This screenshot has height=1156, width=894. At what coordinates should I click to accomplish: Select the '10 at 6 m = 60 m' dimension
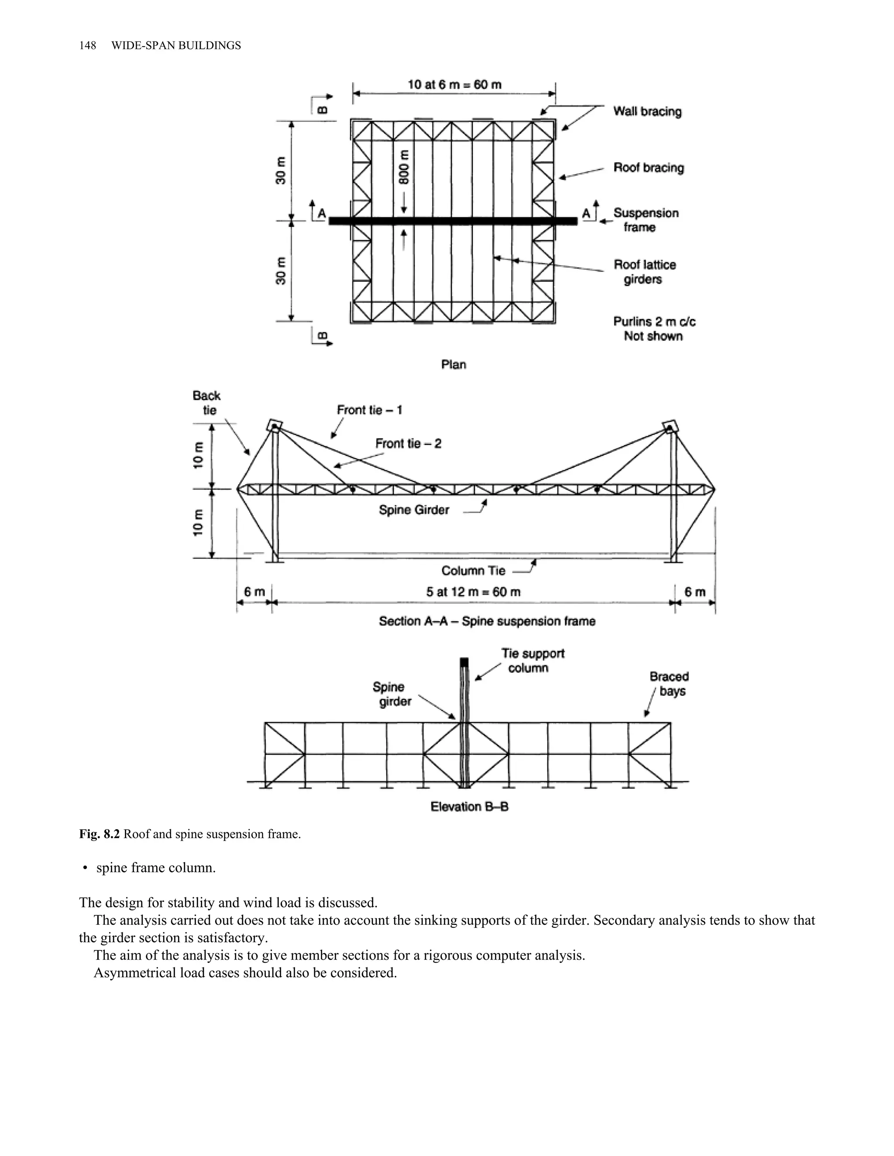point(454,85)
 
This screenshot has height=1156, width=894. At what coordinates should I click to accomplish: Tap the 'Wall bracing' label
point(647,111)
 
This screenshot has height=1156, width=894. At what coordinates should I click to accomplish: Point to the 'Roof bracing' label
point(648,168)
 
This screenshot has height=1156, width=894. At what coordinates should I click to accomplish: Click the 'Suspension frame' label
point(645,220)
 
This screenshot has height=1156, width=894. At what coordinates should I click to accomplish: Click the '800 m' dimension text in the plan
point(405,167)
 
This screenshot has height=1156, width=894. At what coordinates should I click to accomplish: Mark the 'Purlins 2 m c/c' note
point(654,322)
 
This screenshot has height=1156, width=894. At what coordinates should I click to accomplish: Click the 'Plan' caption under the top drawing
point(454,364)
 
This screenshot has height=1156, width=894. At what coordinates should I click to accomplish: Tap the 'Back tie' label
point(206,403)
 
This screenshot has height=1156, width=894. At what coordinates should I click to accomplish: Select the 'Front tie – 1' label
point(369,410)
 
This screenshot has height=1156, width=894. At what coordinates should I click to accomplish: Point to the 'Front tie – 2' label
point(408,444)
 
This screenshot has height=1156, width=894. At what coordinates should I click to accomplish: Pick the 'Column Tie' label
point(473,571)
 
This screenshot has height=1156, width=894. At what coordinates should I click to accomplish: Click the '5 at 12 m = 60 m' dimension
point(473,592)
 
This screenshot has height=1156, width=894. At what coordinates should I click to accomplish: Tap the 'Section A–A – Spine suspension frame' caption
point(487,621)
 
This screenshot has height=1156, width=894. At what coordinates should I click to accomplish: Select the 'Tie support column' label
point(533,660)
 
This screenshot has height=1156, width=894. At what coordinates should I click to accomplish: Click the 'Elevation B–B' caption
point(469,806)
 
